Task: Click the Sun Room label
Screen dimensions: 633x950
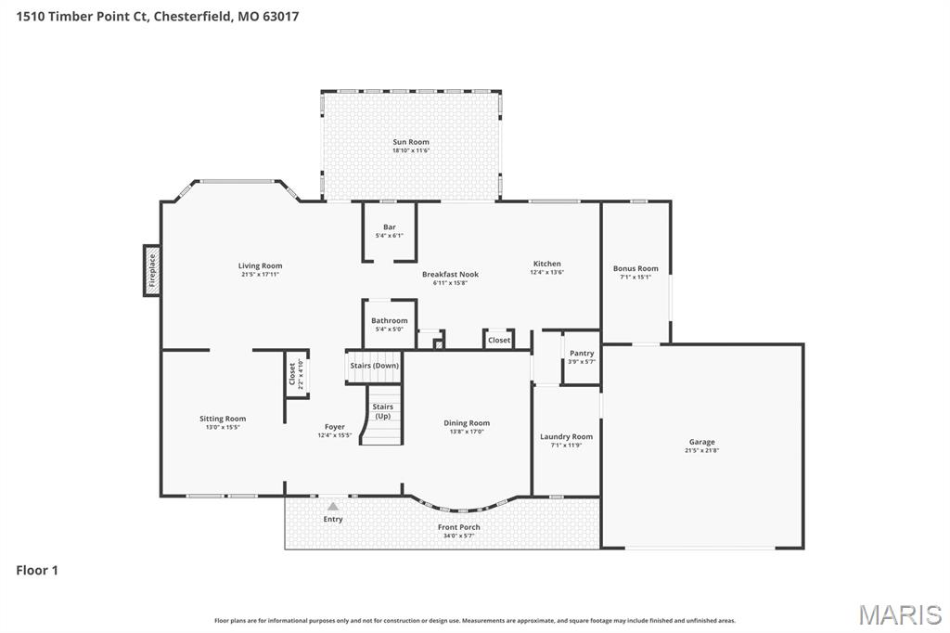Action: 410,142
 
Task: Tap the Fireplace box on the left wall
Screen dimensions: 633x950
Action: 152,270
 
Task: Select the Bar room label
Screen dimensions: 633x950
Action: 390,227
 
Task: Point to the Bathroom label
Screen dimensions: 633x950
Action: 390,321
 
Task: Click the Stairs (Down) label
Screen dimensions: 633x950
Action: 375,366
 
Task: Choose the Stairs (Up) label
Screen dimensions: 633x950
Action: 382,411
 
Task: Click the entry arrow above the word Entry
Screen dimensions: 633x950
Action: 333,506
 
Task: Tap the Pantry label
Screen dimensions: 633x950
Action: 582,354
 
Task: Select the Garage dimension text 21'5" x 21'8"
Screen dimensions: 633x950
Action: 702,451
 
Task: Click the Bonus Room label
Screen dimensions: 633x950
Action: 635,269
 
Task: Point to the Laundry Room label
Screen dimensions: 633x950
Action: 566,437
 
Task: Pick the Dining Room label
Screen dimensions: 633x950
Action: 467,423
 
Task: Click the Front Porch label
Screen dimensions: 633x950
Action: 459,527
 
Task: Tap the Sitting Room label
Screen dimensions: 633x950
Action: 223,419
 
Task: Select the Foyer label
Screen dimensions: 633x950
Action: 335,427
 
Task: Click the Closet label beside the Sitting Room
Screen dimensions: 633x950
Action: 291,374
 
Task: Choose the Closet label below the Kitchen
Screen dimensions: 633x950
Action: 499,341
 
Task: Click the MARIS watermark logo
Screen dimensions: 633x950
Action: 900,614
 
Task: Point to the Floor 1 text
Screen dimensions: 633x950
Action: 37,571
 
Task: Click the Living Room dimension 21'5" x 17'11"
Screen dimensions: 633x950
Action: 260,274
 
